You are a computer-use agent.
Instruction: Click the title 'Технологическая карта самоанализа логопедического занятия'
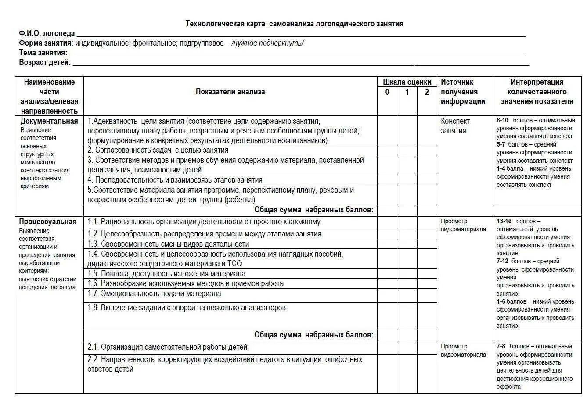point(294,24)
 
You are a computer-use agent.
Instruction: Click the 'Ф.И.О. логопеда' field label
point(47,33)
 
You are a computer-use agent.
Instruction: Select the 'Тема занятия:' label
point(43,53)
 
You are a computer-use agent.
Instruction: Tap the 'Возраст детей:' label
point(45,62)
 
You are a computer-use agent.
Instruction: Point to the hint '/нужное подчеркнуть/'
point(267,43)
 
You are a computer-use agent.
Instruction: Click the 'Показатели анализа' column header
point(230,92)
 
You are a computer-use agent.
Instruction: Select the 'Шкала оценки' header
point(407,82)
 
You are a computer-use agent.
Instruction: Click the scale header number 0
point(387,92)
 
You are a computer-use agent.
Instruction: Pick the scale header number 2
point(427,92)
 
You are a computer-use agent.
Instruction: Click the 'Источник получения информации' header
point(463,92)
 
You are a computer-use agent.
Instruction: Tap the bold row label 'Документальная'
point(49,121)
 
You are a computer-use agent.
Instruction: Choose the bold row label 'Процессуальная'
point(47,222)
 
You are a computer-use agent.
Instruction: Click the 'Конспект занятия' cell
point(455,126)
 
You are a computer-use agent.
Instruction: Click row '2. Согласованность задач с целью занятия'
point(158,150)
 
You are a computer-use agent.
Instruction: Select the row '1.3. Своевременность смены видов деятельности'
point(168,244)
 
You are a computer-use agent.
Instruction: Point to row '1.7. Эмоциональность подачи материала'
point(154,294)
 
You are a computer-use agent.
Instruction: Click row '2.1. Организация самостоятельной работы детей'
point(167,347)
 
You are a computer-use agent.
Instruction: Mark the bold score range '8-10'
point(502,120)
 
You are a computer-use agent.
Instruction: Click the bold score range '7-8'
point(501,346)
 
